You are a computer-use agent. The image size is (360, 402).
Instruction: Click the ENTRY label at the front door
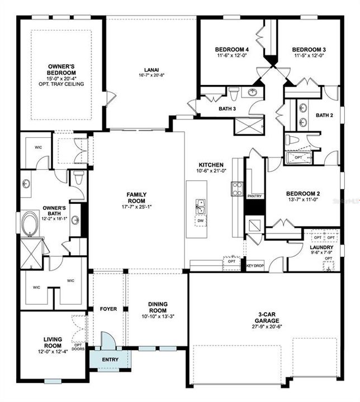coord(110,359)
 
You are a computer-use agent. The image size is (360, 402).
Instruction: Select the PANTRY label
coord(254,196)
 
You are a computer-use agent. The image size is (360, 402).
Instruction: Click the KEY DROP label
coord(255,266)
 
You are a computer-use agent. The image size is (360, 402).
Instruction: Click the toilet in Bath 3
coord(234,91)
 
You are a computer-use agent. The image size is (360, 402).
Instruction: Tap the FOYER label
coord(108,309)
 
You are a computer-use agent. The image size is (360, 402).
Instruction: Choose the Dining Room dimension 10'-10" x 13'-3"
coord(158,317)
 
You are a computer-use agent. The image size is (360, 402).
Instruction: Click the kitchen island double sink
coord(200,206)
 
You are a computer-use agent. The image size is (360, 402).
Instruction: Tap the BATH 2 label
coord(324,116)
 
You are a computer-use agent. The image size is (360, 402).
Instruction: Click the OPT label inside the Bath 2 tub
coord(299,157)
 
